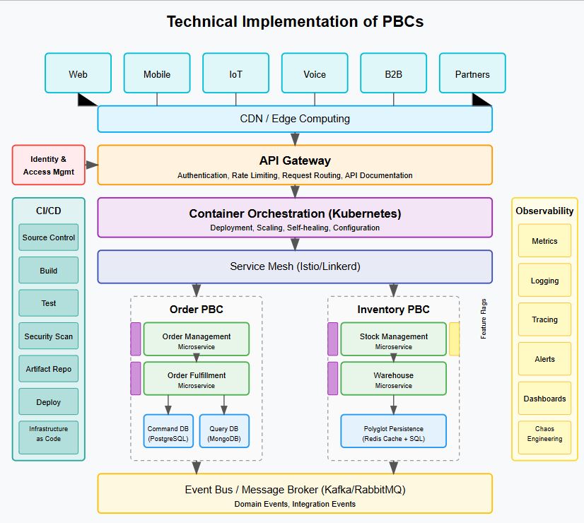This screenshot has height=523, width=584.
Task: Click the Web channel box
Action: [78, 74]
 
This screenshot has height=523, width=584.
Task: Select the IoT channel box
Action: [235, 74]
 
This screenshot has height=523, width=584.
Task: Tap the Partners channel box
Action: [472, 74]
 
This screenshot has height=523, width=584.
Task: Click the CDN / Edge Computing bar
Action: [295, 119]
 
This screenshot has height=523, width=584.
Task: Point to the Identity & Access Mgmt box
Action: [48, 165]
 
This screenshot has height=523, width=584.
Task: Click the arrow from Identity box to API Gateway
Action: [90, 165]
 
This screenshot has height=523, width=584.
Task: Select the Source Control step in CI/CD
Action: [49, 237]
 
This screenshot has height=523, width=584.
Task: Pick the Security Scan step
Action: [49, 336]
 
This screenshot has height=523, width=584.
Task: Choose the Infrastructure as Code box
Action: [49, 434]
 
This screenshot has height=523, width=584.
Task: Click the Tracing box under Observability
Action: [544, 319]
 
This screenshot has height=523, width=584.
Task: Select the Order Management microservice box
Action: [197, 340]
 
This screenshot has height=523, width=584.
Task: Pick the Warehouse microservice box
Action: [394, 379]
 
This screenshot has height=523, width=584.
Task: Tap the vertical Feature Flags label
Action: [484, 319]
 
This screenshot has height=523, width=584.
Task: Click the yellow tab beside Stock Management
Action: [454, 339]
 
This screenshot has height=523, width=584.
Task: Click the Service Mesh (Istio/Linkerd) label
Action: [295, 266]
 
